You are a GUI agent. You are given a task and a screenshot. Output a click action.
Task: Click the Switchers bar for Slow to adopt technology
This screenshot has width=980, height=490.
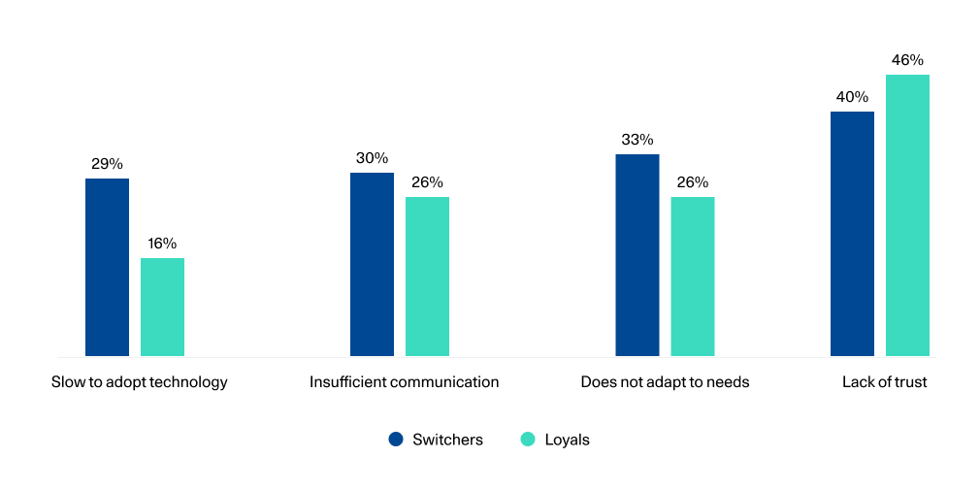click(x=107, y=267)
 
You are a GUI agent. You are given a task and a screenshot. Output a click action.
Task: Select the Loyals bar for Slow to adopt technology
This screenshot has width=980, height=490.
click(x=162, y=307)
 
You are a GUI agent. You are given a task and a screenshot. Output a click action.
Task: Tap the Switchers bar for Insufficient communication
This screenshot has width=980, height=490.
click(x=372, y=264)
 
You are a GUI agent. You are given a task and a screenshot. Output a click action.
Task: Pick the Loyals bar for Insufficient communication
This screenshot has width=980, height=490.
click(x=427, y=277)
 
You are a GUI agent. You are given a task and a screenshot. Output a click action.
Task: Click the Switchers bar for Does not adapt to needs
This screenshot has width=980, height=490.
click(x=637, y=255)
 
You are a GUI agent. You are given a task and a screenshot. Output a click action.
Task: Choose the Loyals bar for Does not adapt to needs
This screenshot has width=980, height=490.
click(x=692, y=277)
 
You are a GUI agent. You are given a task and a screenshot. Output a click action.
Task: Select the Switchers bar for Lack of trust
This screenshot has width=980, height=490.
click(x=852, y=234)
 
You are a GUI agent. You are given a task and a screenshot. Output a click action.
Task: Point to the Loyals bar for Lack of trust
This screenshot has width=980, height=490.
click(x=907, y=215)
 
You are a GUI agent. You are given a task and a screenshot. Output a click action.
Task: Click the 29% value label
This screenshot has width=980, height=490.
click(x=107, y=164)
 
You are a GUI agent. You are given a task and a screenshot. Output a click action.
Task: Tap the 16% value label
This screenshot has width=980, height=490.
click(x=162, y=244)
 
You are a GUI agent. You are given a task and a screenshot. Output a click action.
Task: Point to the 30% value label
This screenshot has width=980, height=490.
click(x=372, y=158)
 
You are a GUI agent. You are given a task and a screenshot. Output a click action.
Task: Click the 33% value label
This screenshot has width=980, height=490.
click(x=637, y=140)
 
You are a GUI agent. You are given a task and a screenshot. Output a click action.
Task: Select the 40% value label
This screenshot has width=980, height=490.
click(x=852, y=97)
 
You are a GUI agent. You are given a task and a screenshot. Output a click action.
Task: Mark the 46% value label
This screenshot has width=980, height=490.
click(x=907, y=60)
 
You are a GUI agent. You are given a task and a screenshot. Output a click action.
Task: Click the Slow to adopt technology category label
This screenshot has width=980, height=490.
click(x=140, y=382)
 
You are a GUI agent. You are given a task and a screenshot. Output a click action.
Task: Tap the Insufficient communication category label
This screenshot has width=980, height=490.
click(x=404, y=382)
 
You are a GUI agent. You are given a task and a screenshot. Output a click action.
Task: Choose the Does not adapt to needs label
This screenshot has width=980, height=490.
click(x=665, y=382)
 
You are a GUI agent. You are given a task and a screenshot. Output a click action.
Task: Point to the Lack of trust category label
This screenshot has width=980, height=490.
click(x=884, y=382)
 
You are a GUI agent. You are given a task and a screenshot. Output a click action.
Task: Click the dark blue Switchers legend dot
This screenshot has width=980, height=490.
click(x=396, y=440)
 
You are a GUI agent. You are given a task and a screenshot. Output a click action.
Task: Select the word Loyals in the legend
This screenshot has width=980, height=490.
click(x=567, y=440)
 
